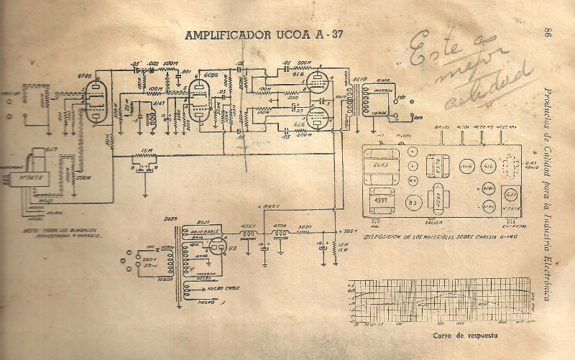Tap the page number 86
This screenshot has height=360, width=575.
pyautogui.click(x=547, y=33)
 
